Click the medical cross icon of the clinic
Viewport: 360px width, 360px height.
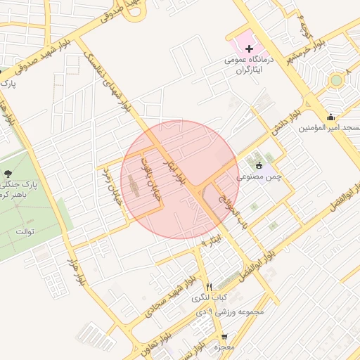pos(250,49)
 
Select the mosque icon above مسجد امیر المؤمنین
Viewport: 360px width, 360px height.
pos(330,117)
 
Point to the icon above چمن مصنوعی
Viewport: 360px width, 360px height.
pos(258,165)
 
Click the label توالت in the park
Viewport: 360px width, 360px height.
pos(24,231)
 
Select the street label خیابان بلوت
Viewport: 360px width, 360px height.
pos(153,180)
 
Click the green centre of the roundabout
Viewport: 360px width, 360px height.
pos(335,79)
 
